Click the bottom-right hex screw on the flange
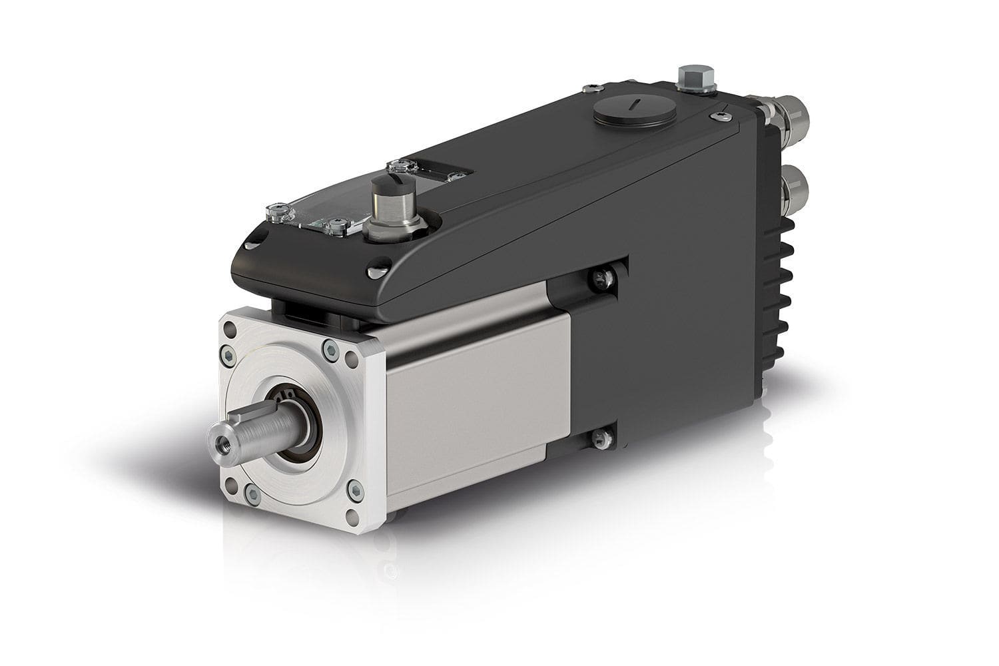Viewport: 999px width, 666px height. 356,492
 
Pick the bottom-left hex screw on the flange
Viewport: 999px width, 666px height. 252,493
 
